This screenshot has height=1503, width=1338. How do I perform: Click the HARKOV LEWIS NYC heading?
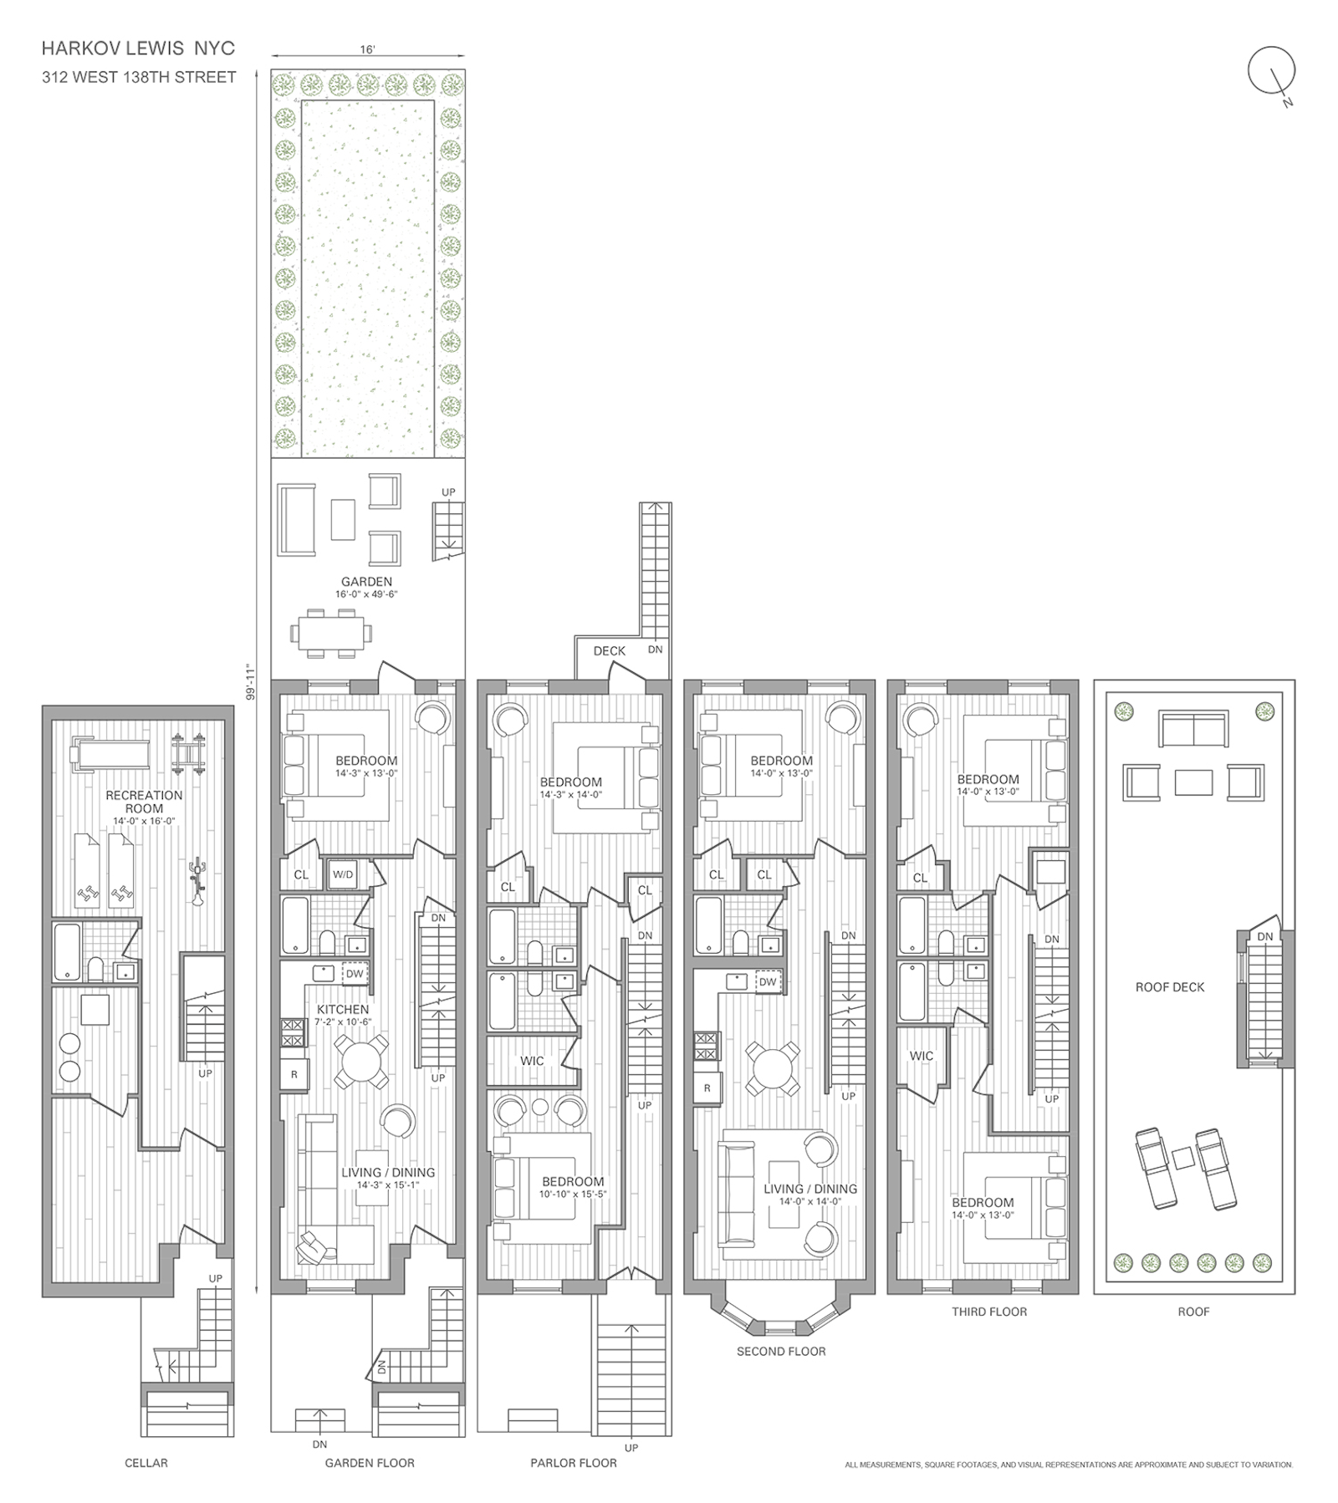pyautogui.click(x=138, y=48)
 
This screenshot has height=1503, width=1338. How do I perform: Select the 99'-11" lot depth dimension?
pyautogui.click(x=248, y=682)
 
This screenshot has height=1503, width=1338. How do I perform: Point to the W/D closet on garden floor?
pyautogui.click(x=343, y=874)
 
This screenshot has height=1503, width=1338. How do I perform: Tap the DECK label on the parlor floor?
pyautogui.click(x=609, y=650)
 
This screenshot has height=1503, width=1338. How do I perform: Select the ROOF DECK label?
pyautogui.click(x=1169, y=987)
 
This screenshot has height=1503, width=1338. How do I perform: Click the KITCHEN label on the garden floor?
pyautogui.click(x=343, y=1010)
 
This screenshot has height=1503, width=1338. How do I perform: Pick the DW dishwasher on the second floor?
pyautogui.click(x=767, y=982)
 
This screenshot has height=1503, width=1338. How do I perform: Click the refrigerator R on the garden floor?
pyautogui.click(x=294, y=1074)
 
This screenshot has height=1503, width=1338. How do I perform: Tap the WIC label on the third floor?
pyautogui.click(x=921, y=1056)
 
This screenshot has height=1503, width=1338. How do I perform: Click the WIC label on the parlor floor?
pyautogui.click(x=532, y=1061)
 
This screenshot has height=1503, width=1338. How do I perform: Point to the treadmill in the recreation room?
pyautogui.click(x=110, y=754)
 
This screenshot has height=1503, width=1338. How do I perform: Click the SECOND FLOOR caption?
pyautogui.click(x=780, y=1351)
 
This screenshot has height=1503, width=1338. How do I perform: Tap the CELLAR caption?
pyautogui.click(x=146, y=1463)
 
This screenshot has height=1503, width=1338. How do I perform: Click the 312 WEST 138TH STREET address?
pyautogui.click(x=140, y=78)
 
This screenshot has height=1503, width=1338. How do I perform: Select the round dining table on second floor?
pyautogui.click(x=777, y=1067)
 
